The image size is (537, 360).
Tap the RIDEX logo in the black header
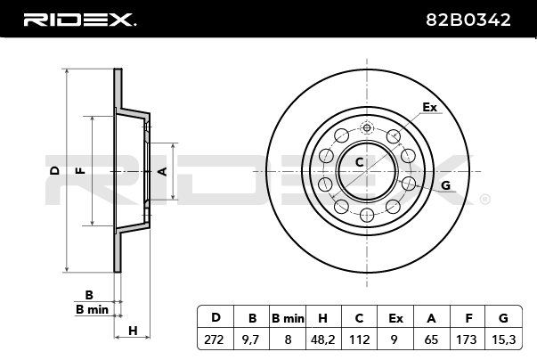point(78,19)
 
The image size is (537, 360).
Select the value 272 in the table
point(215,339)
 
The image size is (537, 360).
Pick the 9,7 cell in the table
point(251,339)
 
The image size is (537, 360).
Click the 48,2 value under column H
point(323,339)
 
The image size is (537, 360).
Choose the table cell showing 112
point(360,339)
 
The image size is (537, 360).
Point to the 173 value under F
point(468,339)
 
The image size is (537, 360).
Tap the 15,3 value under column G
point(503,339)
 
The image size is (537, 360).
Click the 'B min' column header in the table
point(287,317)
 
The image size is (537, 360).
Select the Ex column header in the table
point(395,317)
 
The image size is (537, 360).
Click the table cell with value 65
point(431,339)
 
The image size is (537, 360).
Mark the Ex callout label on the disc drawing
point(430,107)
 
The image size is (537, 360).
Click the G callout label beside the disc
point(445,185)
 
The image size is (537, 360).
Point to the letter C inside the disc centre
point(360,162)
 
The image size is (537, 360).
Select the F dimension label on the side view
point(81,169)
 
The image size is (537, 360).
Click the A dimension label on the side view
point(162,169)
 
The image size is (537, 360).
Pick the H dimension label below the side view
point(133,331)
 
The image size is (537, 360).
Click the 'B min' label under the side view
point(92,309)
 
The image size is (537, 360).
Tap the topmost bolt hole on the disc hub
point(367,128)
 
